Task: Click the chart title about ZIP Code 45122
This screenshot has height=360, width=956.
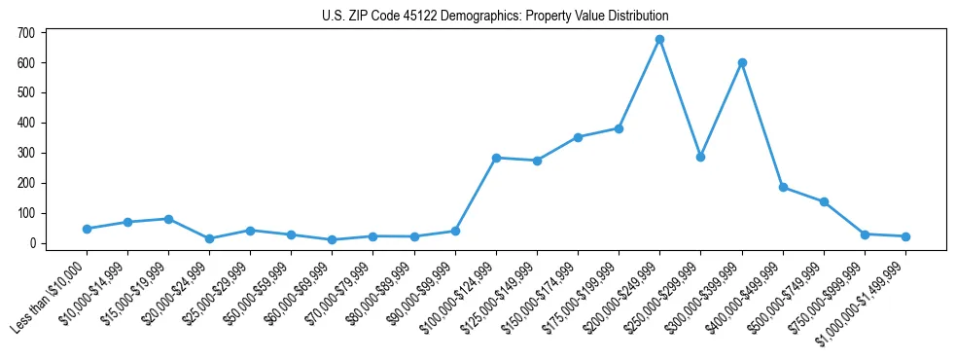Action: (x=495, y=16)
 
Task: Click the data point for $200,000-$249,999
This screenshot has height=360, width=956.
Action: (x=659, y=40)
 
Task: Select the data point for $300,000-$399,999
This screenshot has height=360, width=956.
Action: (x=742, y=62)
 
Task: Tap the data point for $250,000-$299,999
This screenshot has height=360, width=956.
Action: (x=700, y=157)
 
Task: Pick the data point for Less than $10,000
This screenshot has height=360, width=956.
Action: (x=87, y=229)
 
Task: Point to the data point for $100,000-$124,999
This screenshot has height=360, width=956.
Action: (x=496, y=158)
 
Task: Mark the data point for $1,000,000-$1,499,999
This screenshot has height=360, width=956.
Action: (x=905, y=236)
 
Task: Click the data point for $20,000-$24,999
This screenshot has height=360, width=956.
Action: (x=209, y=238)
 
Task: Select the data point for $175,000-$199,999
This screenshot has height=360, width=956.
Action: (x=619, y=128)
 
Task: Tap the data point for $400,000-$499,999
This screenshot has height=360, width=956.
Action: (x=783, y=187)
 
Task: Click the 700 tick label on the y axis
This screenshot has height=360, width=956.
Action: (x=26, y=33)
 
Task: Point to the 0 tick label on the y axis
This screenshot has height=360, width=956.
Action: (x=32, y=243)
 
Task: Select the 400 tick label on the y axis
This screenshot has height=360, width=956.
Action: (x=26, y=124)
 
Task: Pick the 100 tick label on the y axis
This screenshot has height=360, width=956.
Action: (x=26, y=213)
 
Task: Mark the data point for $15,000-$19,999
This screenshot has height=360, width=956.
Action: (x=168, y=219)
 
